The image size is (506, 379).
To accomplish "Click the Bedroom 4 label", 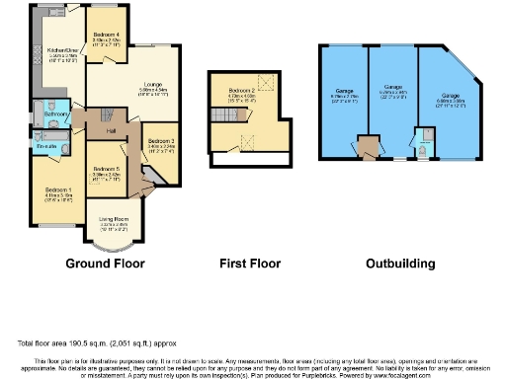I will (x=107, y=35).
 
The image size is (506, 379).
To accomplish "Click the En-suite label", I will (x=46, y=146).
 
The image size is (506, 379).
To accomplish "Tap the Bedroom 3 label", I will (x=161, y=142).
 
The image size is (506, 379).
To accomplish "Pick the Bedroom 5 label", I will (x=107, y=170).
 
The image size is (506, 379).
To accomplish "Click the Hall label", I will (x=112, y=130).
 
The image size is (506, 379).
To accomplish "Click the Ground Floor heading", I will (x=105, y=264).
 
